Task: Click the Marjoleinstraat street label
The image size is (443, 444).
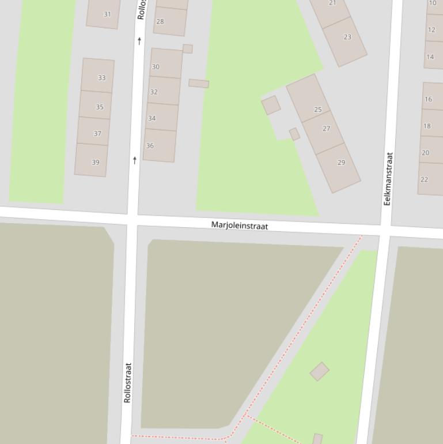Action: coord(240,225)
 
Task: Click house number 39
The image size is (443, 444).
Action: coord(96,162)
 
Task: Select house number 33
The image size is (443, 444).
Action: coord(101,77)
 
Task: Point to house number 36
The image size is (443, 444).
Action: coord(150,145)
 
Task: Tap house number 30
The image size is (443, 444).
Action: coord(156,66)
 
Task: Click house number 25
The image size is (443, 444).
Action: coord(318,109)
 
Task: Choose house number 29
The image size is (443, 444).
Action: coord(341,162)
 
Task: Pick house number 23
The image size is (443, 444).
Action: coord(347,37)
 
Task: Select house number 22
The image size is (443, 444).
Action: coord(425,179)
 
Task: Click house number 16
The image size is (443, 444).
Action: coord(428,99)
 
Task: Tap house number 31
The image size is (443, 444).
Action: coord(107,14)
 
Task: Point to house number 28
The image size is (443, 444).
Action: coord(160,21)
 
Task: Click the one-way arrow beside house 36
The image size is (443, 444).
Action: coord(135,160)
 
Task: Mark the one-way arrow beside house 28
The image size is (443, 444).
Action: coord(139,41)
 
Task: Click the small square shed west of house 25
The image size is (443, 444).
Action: coord(271,105)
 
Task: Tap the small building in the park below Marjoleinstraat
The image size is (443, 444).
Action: coord(320,371)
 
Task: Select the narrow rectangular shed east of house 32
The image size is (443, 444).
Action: coord(199,84)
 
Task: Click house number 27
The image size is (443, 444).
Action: coord(327,128)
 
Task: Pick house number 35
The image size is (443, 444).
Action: coord(100,107)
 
